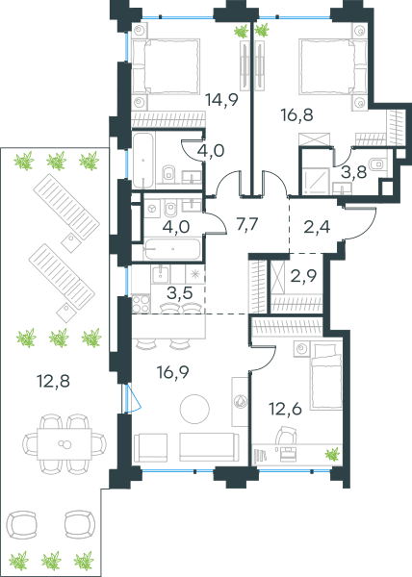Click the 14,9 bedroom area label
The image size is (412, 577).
(222, 99)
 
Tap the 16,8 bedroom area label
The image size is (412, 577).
(296, 114)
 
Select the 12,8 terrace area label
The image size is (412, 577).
(53, 381)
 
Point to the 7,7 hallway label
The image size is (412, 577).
(246, 224)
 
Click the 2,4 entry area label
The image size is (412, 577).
(317, 227)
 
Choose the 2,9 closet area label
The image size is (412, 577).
(304, 276)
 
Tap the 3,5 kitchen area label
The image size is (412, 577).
(180, 293)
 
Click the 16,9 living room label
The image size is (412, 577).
(172, 372)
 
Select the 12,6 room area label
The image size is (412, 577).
(285, 409)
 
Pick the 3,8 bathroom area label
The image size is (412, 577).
(354, 171)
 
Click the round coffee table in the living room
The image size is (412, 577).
(194, 410)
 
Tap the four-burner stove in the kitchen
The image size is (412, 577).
(141, 304)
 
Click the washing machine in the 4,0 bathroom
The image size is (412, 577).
(152, 209)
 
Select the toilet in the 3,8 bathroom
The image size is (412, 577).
(377, 164)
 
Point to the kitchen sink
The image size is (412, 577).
(160, 274)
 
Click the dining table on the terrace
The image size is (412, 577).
(64, 443)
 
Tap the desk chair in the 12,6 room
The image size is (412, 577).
(286, 436)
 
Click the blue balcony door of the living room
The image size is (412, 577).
(133, 398)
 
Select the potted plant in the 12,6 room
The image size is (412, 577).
(332, 454)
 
